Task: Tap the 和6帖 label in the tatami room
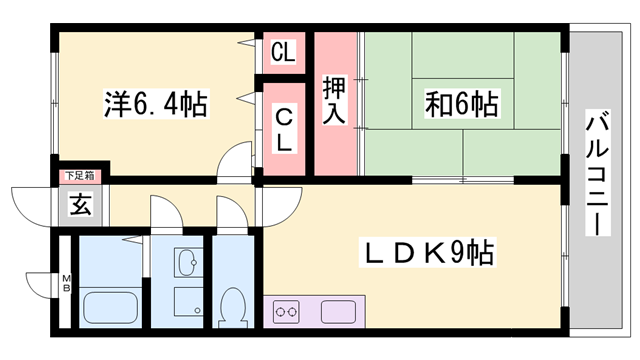pos(461,103)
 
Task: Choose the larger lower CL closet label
pos(283,128)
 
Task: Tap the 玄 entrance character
pos(78,205)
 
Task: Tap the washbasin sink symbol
pos(187,264)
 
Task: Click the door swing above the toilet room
pos(229,212)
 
